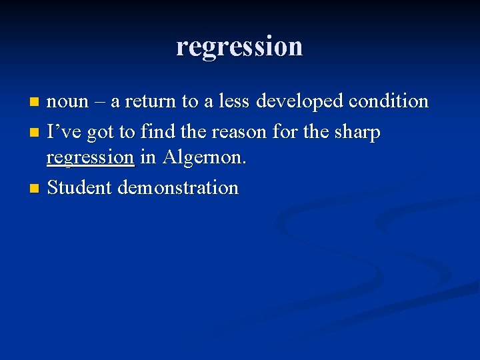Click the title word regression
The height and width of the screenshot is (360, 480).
(239, 46)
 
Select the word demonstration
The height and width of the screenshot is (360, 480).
(178, 188)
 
